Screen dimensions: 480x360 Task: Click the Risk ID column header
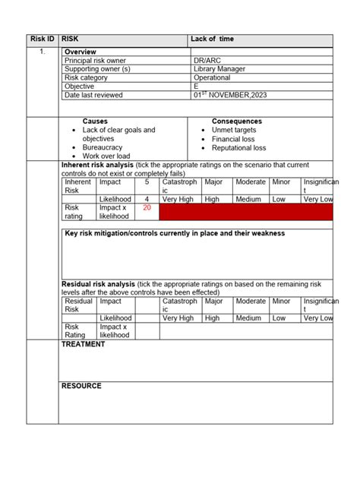pos(42,39)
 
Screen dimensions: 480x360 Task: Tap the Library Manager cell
pos(219,69)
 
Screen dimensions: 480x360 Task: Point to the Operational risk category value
pos(212,77)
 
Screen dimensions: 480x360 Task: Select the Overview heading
pos(81,52)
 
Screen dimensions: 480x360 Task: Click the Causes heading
pos(95,122)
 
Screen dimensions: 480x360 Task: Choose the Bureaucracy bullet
pos(106,148)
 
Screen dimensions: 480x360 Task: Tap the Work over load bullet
pos(108,156)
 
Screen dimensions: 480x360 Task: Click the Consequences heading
pos(237,122)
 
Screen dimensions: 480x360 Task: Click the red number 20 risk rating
pos(147,207)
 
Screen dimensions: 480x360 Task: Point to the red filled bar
pos(246,212)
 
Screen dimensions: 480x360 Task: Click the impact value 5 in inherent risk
pos(147,182)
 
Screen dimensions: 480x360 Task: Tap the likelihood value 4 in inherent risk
pos(147,199)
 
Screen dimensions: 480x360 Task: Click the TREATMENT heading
pos(83,345)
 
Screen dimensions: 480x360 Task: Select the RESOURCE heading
pos(81,386)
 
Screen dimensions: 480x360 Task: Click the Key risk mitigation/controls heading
pos(175,234)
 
